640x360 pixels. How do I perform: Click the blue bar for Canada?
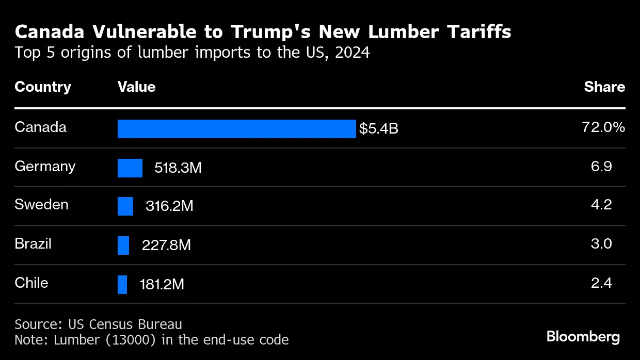tap(236, 129)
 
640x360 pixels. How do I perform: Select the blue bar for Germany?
tap(130, 168)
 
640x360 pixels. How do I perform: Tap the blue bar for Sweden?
tap(125, 206)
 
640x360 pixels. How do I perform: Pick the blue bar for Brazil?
tap(123, 245)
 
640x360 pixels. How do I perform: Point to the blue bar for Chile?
tap(122, 284)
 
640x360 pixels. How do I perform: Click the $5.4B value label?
tap(379, 129)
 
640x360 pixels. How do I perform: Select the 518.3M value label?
tap(178, 168)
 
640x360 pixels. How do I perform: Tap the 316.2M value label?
tap(169, 206)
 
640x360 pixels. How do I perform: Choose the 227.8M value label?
tap(166, 245)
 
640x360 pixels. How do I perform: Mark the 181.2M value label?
tap(162, 284)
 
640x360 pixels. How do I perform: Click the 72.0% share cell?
tap(603, 127)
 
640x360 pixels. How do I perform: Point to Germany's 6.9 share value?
tap(601, 166)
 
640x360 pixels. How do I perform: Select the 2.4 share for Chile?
tap(601, 283)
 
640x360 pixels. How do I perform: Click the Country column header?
tap(43, 87)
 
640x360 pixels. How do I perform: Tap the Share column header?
tap(604, 87)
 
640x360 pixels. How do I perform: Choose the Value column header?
tap(136, 87)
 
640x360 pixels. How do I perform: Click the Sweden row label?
tap(41, 204)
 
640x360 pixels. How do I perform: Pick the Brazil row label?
tap(33, 243)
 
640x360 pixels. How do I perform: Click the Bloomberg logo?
tap(583, 337)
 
